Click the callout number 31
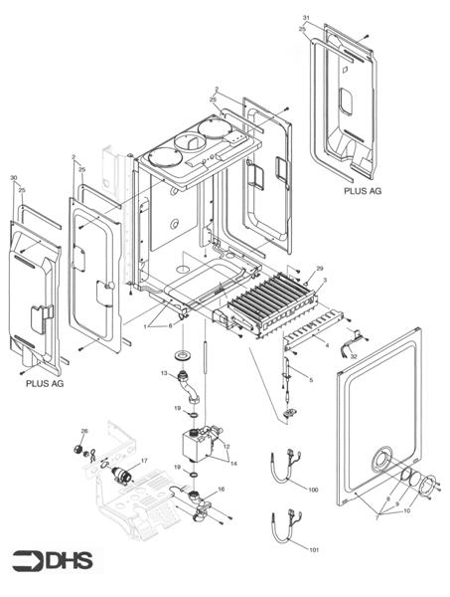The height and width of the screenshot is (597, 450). click(x=306, y=19)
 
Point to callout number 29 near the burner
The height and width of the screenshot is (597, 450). click(x=320, y=270)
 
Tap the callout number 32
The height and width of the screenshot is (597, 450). click(x=354, y=355)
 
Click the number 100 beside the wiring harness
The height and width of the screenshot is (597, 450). click(x=314, y=491)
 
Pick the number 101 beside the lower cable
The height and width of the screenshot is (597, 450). click(x=314, y=549)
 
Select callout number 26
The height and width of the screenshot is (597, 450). click(x=84, y=431)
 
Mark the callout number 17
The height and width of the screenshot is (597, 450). click(x=144, y=461)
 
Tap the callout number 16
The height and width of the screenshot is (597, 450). click(x=221, y=490)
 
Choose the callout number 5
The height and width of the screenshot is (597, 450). click(x=311, y=380)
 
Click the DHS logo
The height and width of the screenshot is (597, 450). click(x=56, y=562)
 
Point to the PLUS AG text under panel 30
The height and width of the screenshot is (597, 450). click(x=43, y=380)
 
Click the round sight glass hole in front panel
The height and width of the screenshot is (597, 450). click(x=379, y=463)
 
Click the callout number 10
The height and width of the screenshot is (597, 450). click(x=406, y=511)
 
